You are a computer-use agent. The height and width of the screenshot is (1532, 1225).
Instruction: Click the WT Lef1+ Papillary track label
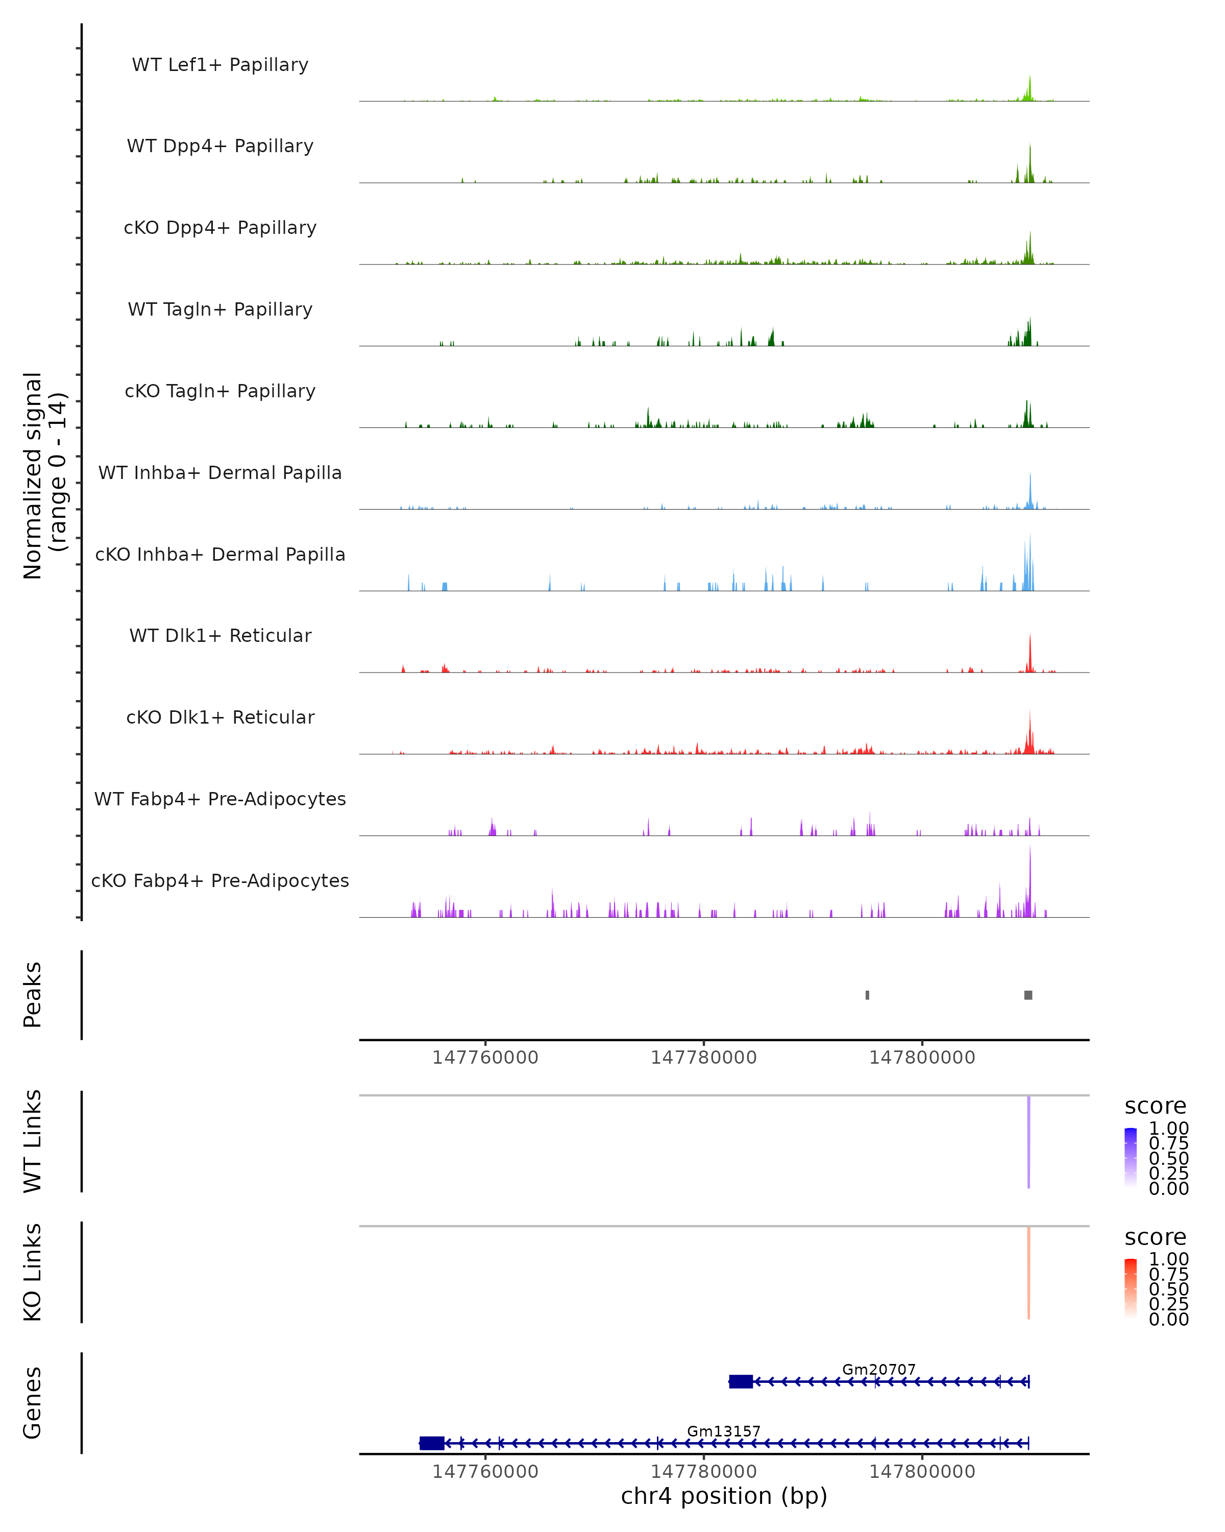220,65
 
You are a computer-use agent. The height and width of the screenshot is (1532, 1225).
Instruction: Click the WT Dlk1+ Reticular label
220,635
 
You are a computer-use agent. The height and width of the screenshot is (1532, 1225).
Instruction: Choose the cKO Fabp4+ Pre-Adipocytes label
220,880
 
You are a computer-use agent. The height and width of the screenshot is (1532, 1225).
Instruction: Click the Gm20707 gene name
878,1369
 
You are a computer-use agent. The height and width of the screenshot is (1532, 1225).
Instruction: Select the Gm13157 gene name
724,1431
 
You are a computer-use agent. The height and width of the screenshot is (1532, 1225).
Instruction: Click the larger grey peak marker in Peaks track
1028,995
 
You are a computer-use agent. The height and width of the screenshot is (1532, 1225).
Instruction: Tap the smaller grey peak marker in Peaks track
867,995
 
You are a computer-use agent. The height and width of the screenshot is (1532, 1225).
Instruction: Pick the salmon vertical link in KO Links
1028,1272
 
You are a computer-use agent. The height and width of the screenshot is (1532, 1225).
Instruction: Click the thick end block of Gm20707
741,1381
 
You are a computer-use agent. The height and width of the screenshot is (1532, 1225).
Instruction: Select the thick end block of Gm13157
432,1443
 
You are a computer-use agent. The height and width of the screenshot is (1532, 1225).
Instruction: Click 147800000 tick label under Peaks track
922,1058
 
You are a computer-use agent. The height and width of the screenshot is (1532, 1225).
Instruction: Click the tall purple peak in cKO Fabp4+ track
1030,881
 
